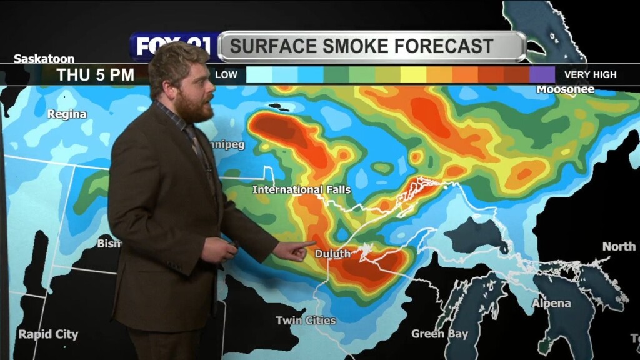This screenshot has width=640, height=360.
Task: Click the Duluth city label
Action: coord(332,254)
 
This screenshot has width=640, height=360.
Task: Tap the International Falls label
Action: coord(302,189)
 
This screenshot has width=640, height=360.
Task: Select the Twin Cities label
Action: coord(306,321)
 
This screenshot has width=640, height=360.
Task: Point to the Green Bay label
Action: coord(439,334)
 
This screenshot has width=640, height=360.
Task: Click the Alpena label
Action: coord(551,304)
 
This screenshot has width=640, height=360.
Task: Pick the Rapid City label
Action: coord(48,334)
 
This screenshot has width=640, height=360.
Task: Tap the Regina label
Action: coord(67,114)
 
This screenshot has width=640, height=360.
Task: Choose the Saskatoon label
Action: coord(44,59)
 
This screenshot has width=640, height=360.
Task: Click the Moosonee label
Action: coord(566,89)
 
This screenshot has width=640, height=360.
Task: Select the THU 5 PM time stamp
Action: coord(96,75)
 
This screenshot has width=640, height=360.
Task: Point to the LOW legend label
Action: coord(226,75)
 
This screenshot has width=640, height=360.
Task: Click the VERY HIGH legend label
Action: coord(590,75)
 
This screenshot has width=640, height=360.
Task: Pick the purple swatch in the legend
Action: coord(542,75)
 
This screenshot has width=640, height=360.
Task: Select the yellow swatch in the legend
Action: coord(413,75)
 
